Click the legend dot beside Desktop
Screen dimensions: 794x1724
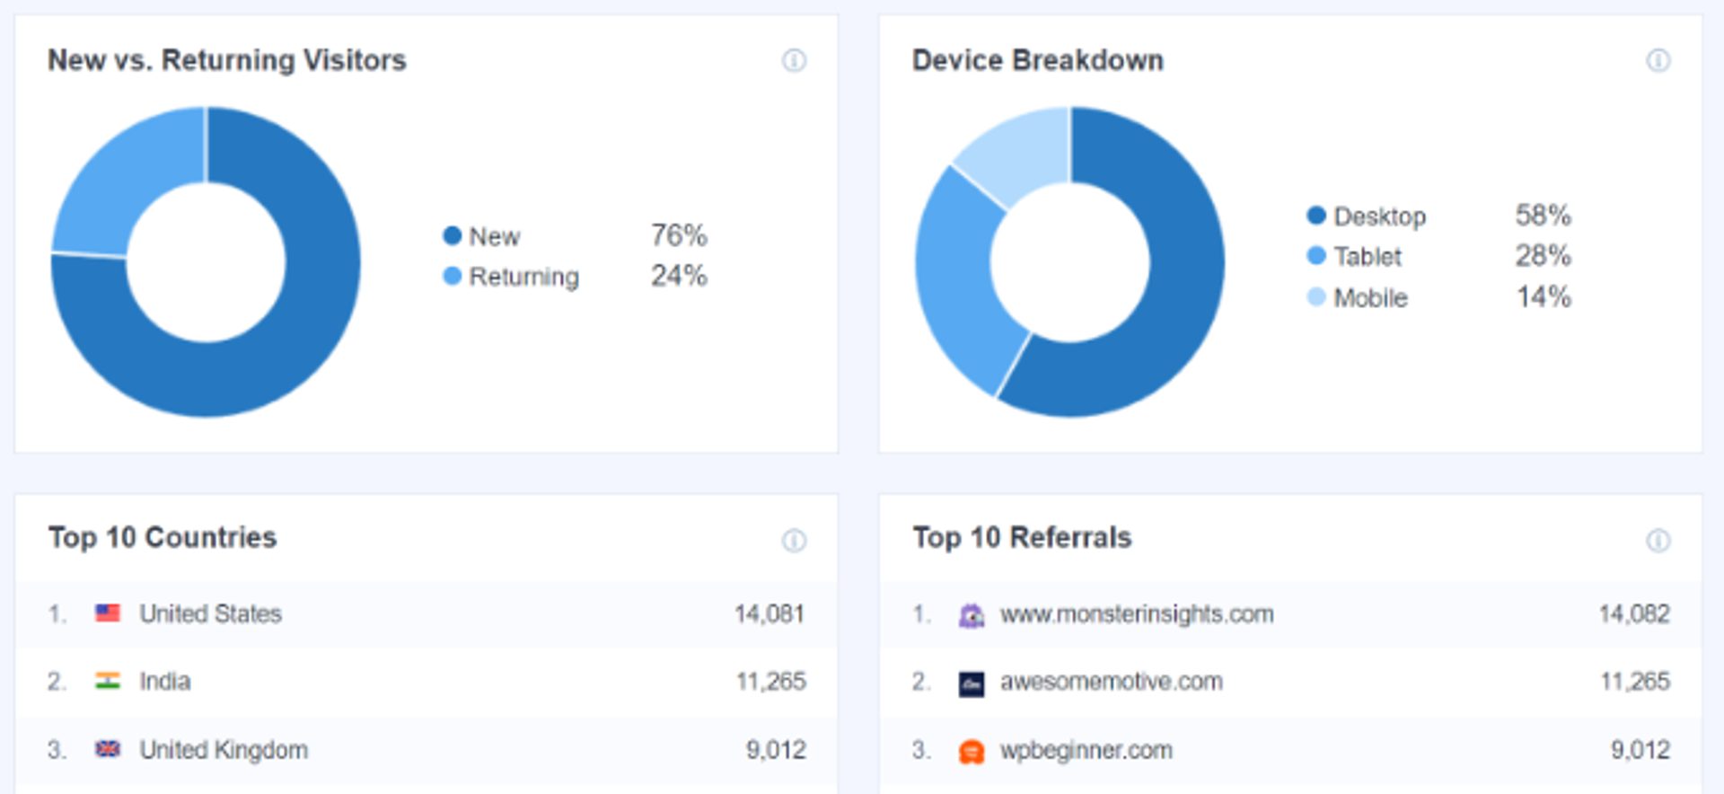[1316, 216]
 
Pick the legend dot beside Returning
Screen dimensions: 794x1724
[452, 276]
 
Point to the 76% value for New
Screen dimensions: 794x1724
[679, 235]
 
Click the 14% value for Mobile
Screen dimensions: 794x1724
[1544, 296]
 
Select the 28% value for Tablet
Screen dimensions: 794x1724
[1544, 256]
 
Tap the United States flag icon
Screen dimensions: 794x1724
[108, 613]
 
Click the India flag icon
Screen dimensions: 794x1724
[108, 681]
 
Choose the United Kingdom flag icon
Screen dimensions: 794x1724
[108, 749]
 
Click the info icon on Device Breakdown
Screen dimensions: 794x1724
[1658, 60]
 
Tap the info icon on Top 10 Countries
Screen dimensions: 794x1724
[794, 540]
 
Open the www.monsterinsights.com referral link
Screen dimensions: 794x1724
[1137, 614]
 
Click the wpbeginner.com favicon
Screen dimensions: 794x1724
[972, 751]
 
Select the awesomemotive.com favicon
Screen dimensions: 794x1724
[972, 684]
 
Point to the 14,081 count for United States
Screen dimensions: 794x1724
[770, 613]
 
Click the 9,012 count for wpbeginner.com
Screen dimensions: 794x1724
[1640, 750]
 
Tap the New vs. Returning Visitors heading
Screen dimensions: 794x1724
[227, 60]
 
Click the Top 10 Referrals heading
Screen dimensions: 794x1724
[1022, 537]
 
